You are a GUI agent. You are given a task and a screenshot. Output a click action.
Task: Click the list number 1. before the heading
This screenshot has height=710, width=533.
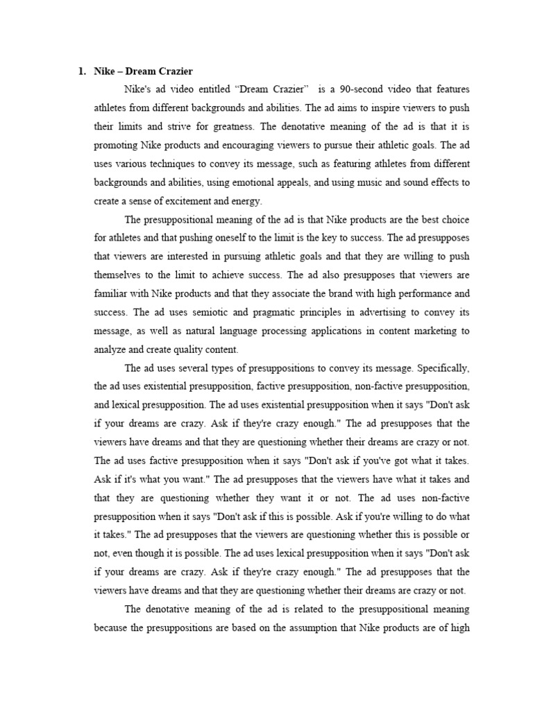pos(81,71)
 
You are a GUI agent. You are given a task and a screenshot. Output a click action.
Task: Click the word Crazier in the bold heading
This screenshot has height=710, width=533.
pos(174,71)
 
